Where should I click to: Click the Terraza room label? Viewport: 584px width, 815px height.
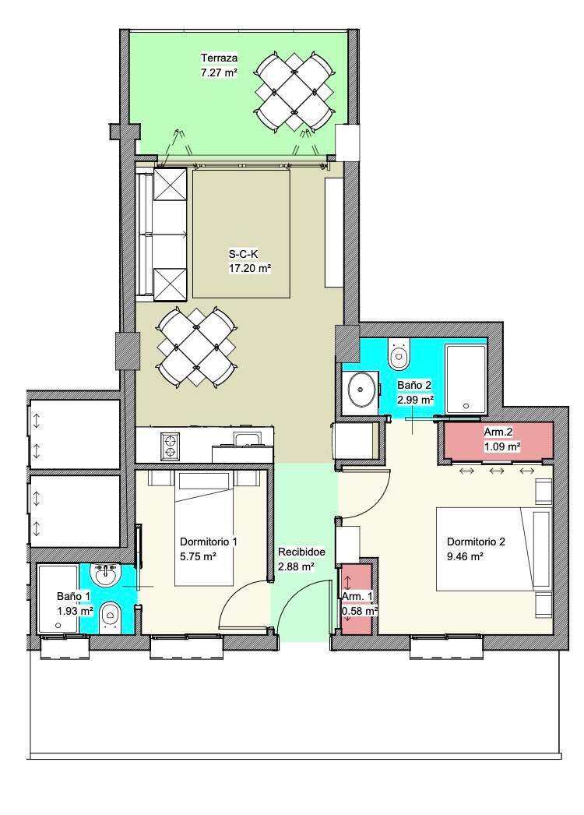[x=220, y=58]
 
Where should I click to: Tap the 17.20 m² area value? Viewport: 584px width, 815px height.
[x=251, y=269]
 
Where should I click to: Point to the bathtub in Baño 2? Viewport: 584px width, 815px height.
[x=466, y=379]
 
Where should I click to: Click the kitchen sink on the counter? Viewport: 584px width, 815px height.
[x=248, y=439]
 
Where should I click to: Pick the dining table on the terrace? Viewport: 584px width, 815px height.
[x=294, y=92]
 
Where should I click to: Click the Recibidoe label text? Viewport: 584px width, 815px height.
[x=301, y=552]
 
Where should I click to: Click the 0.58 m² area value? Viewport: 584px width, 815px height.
[x=360, y=611]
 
